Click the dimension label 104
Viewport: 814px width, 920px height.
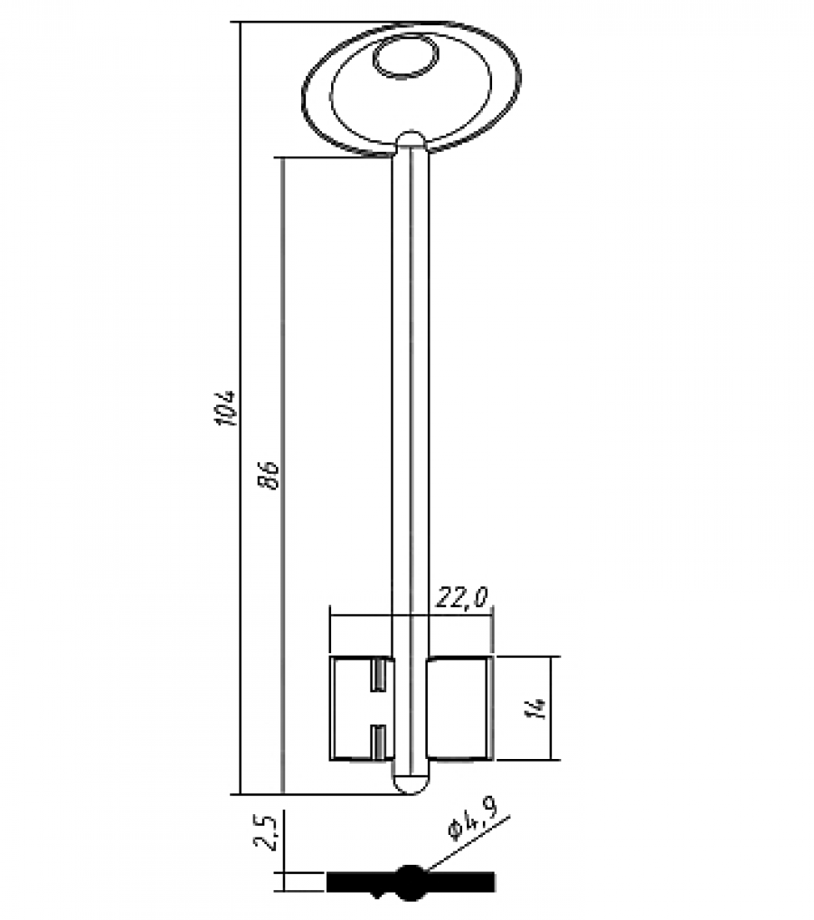[226, 408]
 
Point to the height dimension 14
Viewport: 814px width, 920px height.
[537, 707]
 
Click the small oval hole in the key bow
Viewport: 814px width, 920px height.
[405, 57]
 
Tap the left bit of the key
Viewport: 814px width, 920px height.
[362, 708]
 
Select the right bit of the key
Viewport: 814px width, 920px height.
[459, 708]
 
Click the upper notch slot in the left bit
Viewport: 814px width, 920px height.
[379, 674]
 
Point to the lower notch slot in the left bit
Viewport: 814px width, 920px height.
[379, 741]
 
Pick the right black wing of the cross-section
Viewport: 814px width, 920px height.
[460, 882]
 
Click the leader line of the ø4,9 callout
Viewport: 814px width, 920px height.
[468, 842]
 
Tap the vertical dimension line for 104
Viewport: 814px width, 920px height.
[241, 408]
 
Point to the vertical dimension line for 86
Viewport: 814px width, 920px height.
[283, 476]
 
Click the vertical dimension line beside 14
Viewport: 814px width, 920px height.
[552, 708]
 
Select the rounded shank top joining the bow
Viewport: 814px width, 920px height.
[411, 141]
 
